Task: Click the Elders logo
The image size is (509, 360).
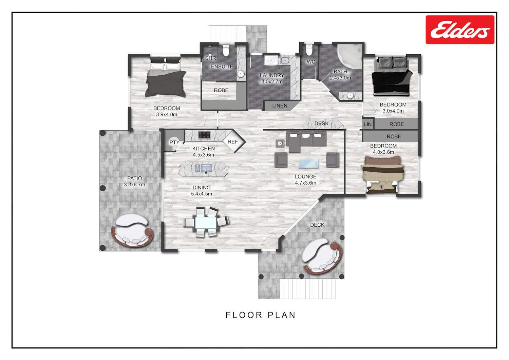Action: [460, 30]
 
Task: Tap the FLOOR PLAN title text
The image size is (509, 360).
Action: [261, 315]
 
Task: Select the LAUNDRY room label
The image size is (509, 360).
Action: [272, 75]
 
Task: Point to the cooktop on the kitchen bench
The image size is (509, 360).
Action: [204, 135]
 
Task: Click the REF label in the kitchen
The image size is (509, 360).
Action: [233, 142]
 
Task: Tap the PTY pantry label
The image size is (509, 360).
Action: [174, 143]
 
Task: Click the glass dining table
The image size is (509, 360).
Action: [206, 222]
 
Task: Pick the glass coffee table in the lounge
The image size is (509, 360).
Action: [308, 164]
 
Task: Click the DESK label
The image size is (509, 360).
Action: [321, 124]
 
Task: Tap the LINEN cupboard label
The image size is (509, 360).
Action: [280, 106]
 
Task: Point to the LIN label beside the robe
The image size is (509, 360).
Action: [367, 124]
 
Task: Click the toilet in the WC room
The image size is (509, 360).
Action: [309, 50]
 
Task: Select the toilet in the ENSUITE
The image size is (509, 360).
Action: [226, 51]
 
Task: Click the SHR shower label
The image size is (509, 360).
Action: [210, 58]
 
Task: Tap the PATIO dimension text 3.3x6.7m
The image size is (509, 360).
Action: [134, 185]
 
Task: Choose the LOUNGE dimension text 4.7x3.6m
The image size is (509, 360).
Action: [306, 183]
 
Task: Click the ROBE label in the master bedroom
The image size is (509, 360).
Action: [221, 91]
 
